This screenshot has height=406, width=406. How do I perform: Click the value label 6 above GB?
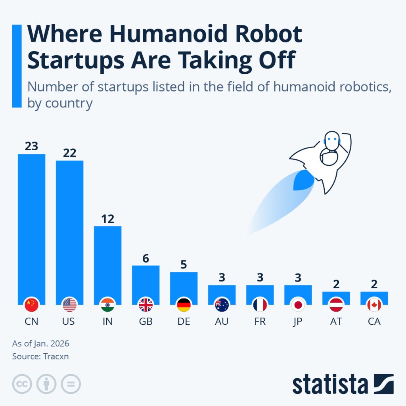click(146, 258)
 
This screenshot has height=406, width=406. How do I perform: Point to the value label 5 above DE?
click(184, 264)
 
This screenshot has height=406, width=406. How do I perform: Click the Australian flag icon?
click(222, 305)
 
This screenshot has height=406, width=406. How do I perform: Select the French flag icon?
click(260, 305)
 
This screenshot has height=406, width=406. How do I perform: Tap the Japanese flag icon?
click(298, 305)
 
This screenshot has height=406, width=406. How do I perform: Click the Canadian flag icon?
click(374, 305)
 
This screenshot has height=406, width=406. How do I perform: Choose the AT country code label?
click(336, 321)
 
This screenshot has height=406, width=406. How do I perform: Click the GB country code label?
click(146, 321)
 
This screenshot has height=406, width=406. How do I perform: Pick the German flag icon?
click(184, 305)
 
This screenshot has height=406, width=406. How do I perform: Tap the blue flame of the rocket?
click(303, 181)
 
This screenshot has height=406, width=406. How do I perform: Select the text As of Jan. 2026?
click(38, 343)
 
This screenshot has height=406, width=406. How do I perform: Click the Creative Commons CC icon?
click(22, 383)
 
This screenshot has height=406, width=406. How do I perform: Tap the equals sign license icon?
click(71, 383)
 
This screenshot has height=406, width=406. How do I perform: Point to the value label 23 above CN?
click(31, 146)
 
